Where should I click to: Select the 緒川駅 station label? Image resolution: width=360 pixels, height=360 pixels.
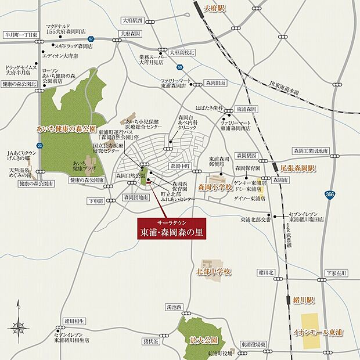[x=303, y=300]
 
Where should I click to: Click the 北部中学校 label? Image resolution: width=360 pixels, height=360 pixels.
[x=214, y=271]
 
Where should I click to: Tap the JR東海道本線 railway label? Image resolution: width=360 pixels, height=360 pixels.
[x=284, y=88]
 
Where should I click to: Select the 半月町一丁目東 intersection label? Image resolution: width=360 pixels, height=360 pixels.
[x=20, y=35]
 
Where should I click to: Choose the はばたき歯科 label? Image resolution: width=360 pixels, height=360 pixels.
[x=210, y=108]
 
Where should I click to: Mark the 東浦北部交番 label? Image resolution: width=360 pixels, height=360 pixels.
[x=255, y=220]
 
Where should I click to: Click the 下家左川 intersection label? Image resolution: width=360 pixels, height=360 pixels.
[x=336, y=272]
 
